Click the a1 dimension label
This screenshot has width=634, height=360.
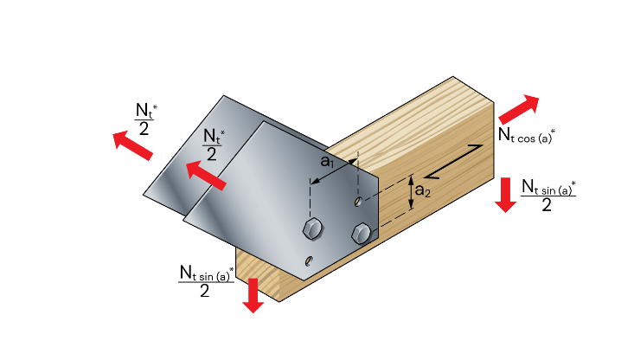coord(328,162)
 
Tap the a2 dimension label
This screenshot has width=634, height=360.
coord(422,190)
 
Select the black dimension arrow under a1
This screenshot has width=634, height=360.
coord(334,171)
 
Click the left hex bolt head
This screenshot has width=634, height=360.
coord(312,228)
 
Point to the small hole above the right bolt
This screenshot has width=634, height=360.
coord(358,202)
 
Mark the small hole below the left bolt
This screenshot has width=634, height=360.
coord(309,260)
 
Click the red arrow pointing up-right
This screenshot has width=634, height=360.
coord(517,109)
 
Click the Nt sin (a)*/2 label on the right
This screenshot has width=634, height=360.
coord(548,194)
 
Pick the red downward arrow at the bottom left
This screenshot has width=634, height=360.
coord(253,295)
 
